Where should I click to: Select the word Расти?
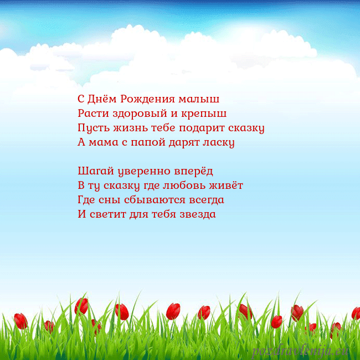click(92, 114)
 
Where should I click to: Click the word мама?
click(104, 142)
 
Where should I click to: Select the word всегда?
click(205, 199)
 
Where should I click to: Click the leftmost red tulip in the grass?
click(20, 321)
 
